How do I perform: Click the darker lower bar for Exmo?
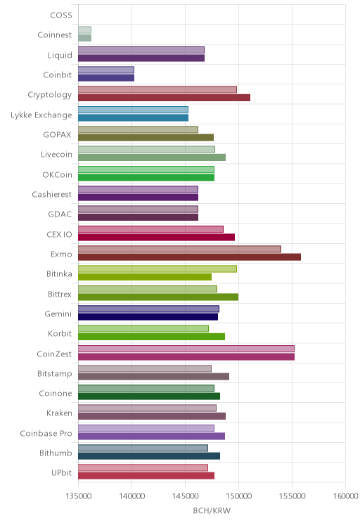click(190, 257)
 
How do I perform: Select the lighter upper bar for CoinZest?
click(186, 349)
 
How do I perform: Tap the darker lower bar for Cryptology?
click(164, 98)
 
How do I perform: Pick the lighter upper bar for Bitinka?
click(157, 269)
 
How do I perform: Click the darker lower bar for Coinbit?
click(106, 78)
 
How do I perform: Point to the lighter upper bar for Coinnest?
click(85, 30)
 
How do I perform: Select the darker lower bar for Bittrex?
click(158, 297)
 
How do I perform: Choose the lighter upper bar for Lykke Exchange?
click(133, 110)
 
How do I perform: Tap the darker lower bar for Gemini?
click(148, 316)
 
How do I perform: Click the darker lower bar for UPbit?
click(146, 476)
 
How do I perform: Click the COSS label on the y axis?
click(61, 15)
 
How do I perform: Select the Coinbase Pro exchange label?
click(46, 433)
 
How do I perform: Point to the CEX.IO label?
click(59, 234)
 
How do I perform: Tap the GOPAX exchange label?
click(58, 134)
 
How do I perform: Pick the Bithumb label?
click(56, 453)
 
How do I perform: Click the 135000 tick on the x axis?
click(79, 496)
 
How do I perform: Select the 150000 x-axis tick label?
click(238, 496)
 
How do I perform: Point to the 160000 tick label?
click(346, 496)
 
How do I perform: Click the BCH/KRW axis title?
click(212, 510)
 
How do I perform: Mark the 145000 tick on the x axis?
click(185, 496)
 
